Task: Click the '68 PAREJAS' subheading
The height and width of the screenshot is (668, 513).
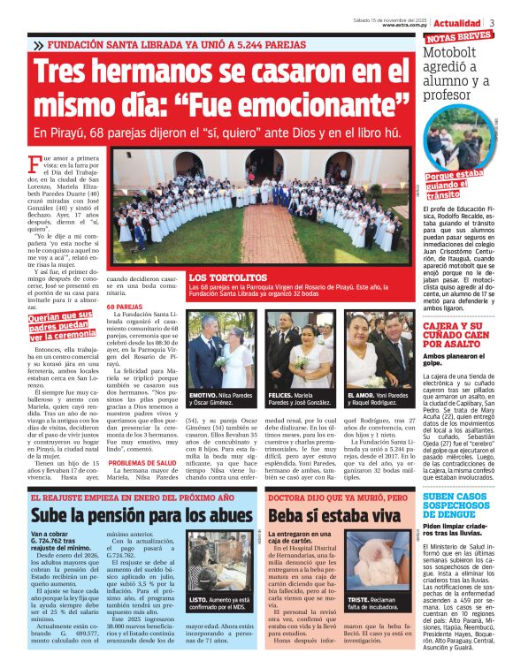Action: point(125,307)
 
